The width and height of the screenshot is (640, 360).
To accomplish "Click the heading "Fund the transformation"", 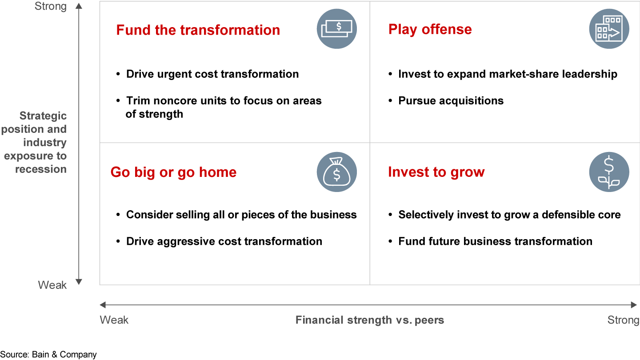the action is (x=198, y=30).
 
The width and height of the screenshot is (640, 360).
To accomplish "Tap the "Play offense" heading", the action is (x=430, y=30).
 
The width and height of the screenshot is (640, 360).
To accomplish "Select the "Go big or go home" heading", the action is (x=173, y=172).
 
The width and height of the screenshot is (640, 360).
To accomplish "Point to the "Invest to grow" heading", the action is (x=436, y=172).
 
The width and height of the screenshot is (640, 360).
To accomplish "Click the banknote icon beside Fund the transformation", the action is (x=336, y=29).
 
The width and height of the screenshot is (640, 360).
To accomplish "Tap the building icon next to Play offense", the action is (x=609, y=29).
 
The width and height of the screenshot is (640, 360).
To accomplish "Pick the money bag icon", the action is (x=336, y=172).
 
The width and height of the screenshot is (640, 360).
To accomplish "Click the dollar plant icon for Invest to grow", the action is (x=609, y=172).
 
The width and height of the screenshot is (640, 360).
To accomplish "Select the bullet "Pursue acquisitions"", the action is (x=451, y=101).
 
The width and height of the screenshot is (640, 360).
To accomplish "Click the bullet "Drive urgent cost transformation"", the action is (x=212, y=74).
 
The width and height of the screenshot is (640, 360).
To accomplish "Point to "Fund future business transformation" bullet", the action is (x=495, y=241).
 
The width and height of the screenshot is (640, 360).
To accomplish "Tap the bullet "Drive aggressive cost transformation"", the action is (x=224, y=241).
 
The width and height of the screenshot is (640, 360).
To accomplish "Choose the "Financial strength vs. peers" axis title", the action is (x=370, y=320).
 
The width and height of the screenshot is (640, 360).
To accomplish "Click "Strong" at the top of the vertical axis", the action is (x=51, y=7).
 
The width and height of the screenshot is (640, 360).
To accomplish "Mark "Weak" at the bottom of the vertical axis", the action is (x=52, y=285).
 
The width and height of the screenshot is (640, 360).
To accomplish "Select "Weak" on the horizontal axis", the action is (x=114, y=320).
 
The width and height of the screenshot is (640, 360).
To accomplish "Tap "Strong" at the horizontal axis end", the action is (x=623, y=320).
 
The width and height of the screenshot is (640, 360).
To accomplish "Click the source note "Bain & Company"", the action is (x=64, y=355).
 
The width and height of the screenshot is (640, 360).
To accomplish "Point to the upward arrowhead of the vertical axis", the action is (x=79, y=6).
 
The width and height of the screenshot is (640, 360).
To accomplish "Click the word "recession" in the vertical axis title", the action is (x=41, y=169).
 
